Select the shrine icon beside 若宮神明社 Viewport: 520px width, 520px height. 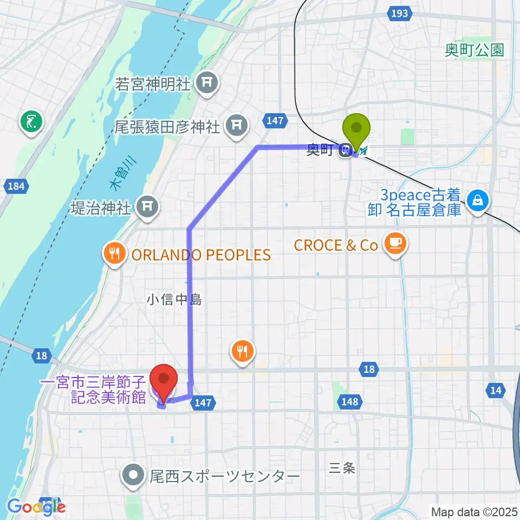point(206,83)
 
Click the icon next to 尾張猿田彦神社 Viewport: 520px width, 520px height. point(236,126)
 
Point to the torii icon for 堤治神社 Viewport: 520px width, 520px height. point(147,205)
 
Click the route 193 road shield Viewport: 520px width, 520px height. point(399,13)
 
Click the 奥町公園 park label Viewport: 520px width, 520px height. point(474,50)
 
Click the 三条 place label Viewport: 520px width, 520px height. point(342,467)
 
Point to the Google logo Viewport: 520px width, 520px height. point(36,507)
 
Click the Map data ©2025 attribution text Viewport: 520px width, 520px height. point(473,511)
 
